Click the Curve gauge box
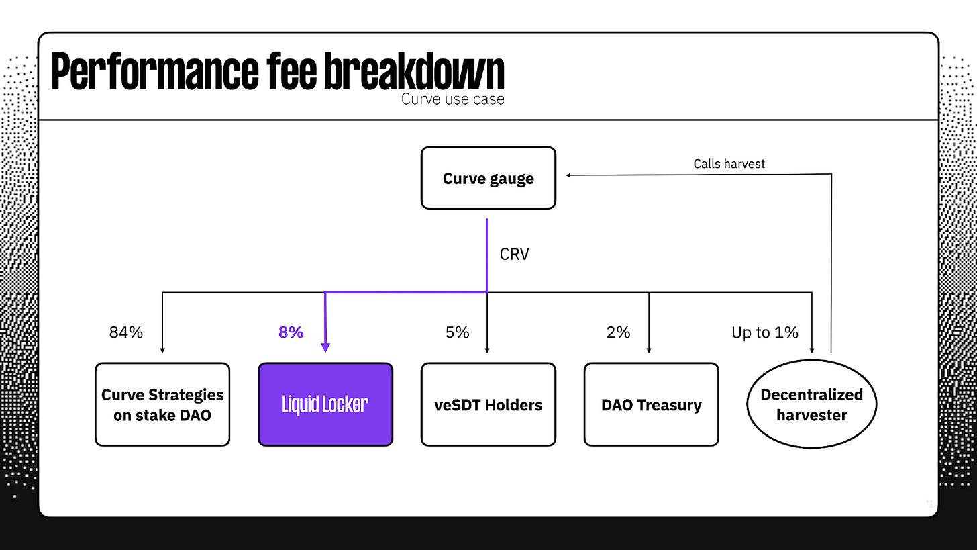[x=488, y=178]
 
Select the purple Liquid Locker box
[x=325, y=404]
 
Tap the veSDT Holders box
[x=488, y=404]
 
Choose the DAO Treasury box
[x=651, y=404]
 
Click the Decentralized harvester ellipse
[x=812, y=404]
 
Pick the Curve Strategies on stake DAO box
[x=162, y=404]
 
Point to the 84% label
[x=126, y=332]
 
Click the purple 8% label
[x=291, y=332]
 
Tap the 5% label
[x=457, y=332]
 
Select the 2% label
[x=618, y=332]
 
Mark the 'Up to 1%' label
[x=765, y=332]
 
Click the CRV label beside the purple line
[x=514, y=254]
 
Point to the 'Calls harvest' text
[x=729, y=164]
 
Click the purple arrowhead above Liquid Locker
[x=325, y=347]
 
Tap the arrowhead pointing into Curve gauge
[x=568, y=175]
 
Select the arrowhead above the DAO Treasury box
[x=649, y=350]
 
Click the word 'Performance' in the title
[x=155, y=71]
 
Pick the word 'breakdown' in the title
[x=414, y=71]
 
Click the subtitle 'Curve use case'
[x=453, y=99]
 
